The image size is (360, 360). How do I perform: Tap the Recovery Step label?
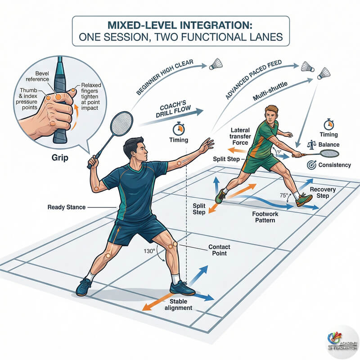[323, 193]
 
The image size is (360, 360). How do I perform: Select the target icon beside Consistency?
[310, 165]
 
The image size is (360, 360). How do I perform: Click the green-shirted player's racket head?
[327, 154]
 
